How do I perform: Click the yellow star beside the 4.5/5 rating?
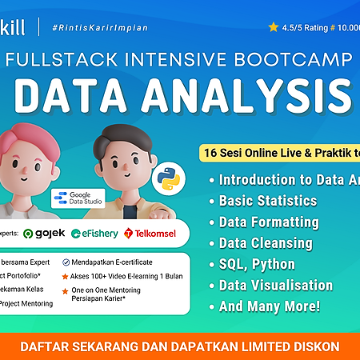(274, 26)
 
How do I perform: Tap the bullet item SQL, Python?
(257, 264)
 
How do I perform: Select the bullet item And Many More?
(270, 306)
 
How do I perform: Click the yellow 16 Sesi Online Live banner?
(280, 152)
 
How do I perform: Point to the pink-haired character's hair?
(35, 131)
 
